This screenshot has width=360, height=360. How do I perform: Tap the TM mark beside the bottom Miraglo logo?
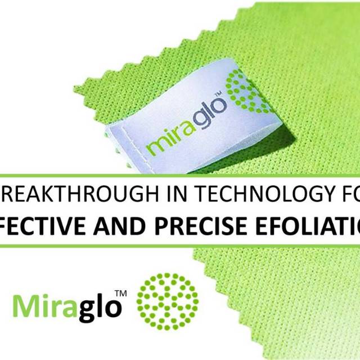[120, 294]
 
